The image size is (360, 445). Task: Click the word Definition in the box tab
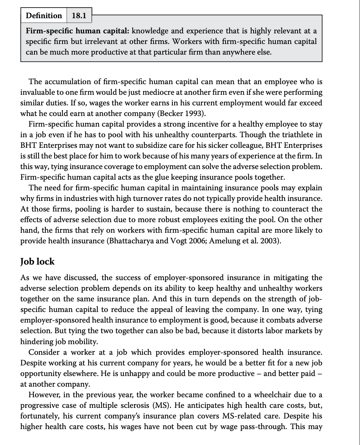click(x=44, y=16)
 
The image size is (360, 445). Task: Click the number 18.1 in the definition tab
click(x=79, y=16)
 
